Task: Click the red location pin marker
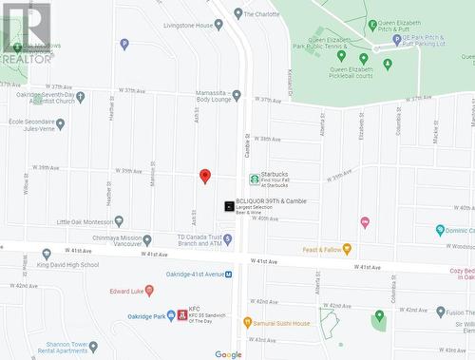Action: (204, 176)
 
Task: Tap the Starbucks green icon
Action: (254, 179)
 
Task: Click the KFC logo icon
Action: (181, 313)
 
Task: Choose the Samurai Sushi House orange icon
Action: (247, 323)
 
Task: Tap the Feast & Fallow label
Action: (321, 249)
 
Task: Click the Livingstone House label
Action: (186, 26)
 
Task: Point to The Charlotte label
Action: (262, 14)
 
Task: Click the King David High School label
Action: (68, 265)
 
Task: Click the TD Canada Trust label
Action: (199, 240)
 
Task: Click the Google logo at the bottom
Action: (228, 354)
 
